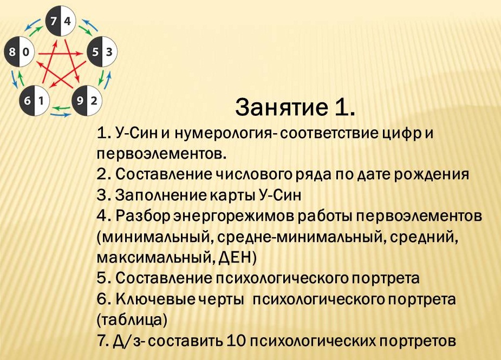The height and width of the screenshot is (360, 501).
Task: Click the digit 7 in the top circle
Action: point(54,22)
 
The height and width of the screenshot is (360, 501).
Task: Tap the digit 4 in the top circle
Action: point(67,22)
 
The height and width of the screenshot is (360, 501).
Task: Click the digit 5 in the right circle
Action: point(95,53)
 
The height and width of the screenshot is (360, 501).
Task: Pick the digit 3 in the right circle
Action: point(109,53)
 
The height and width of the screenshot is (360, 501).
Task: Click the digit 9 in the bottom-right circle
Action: point(81,100)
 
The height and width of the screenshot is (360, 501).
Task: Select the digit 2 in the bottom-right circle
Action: point(94,100)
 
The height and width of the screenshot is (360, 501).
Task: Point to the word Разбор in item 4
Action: point(142,215)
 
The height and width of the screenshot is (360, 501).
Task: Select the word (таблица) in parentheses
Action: point(132,319)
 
